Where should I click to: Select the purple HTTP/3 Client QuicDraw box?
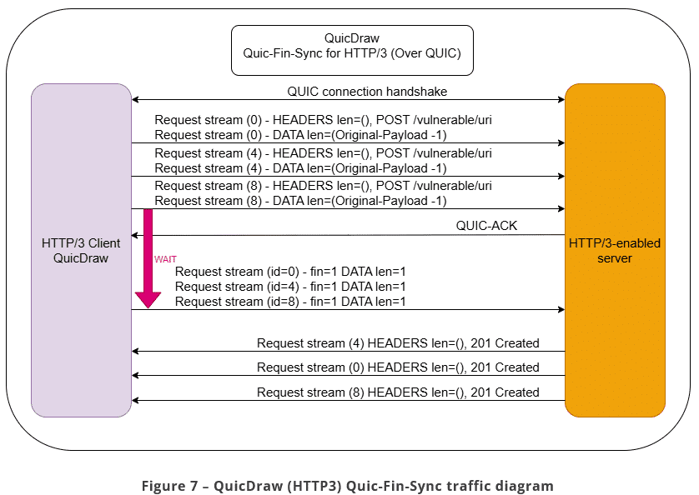point(81,250)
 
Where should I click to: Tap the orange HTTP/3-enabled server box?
point(615,250)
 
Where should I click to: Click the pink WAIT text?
point(165,259)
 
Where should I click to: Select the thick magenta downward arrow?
point(148,258)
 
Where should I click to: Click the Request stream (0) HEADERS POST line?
point(323,120)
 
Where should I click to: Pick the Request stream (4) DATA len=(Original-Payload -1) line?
point(300,168)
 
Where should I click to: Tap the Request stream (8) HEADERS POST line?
point(323,186)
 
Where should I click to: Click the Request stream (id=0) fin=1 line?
point(290,272)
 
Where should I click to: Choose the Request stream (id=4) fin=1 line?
point(290,287)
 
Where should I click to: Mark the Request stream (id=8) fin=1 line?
point(290,302)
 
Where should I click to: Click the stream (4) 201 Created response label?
point(398,342)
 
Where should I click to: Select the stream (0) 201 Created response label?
point(398,367)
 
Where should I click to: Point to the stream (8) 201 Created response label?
point(398,392)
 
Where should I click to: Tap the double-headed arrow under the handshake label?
point(348,100)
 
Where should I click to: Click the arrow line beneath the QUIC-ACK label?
point(348,235)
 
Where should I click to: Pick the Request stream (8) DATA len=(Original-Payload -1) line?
point(300,201)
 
